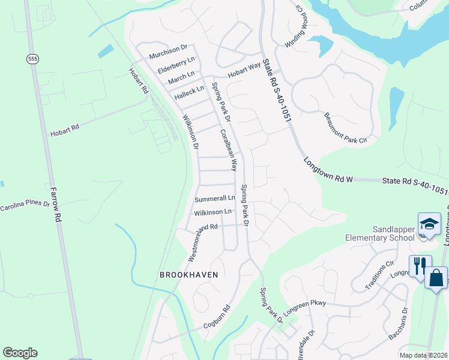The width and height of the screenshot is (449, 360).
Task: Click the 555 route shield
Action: pos(32,58)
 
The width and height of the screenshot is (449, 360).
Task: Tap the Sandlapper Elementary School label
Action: pos(381,233)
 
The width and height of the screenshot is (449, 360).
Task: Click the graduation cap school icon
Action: pos(429,224)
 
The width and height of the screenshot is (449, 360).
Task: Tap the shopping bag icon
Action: pos(436,278)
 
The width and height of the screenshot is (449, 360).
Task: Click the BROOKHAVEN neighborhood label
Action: pos(188,274)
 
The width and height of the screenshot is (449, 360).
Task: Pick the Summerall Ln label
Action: pos(214,199)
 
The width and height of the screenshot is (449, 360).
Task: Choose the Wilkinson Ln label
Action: pos(212,212)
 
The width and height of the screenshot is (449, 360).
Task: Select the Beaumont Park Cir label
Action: pos(345,128)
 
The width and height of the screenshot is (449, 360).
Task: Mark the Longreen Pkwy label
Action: pos(305,304)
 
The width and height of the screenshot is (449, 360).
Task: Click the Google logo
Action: pos(20,353)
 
